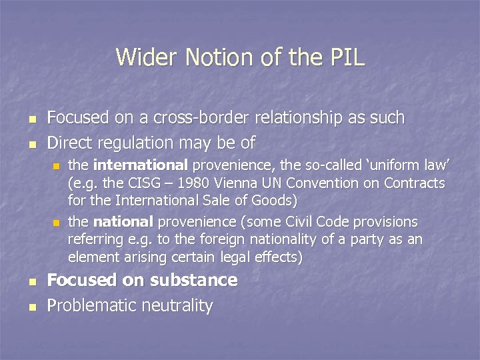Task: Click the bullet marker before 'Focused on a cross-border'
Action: [x=32, y=119]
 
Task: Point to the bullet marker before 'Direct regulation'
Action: [x=32, y=144]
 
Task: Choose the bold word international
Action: [x=140, y=165]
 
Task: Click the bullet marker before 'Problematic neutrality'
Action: [x=32, y=307]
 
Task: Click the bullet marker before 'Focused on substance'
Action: [x=32, y=281]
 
